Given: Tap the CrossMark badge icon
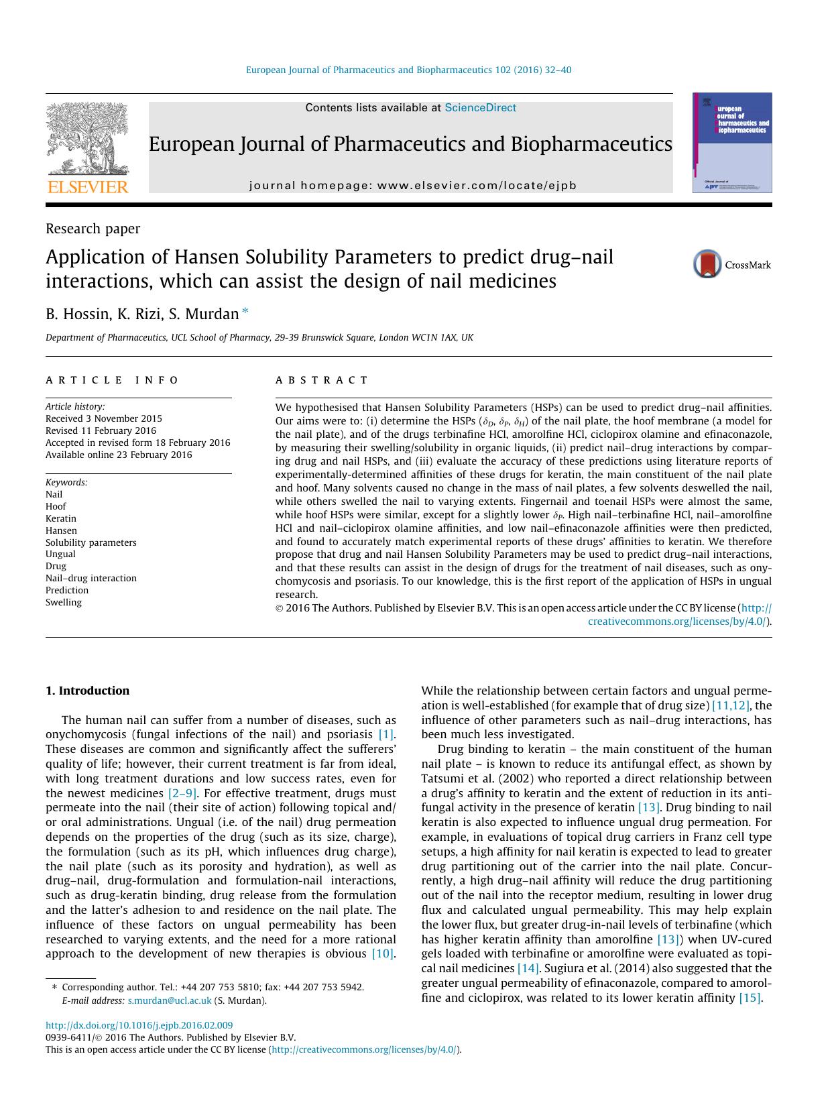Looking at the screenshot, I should point(707,264).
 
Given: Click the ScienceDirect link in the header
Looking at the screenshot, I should point(480,108).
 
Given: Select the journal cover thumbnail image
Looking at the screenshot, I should point(732,143).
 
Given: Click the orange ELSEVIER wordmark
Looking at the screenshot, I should point(87,187).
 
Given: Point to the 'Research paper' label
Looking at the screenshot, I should point(93,229).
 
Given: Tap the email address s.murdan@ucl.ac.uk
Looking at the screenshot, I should point(170,1000).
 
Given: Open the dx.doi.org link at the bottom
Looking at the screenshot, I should point(139,1025).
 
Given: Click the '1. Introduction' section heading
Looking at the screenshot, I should point(87,691).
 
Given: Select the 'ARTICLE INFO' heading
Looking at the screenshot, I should point(112,380).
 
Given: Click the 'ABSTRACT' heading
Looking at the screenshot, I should point(322,380).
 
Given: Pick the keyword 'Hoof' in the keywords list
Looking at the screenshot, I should point(56,506).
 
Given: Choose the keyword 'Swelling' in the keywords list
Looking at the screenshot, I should point(64,602).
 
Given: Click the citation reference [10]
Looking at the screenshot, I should point(383,953).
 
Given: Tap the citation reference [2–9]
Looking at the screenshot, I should point(182,793).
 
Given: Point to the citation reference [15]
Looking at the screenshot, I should point(750,998).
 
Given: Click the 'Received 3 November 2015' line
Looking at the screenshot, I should point(104,418).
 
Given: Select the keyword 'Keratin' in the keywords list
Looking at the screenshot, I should point(61,518).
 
